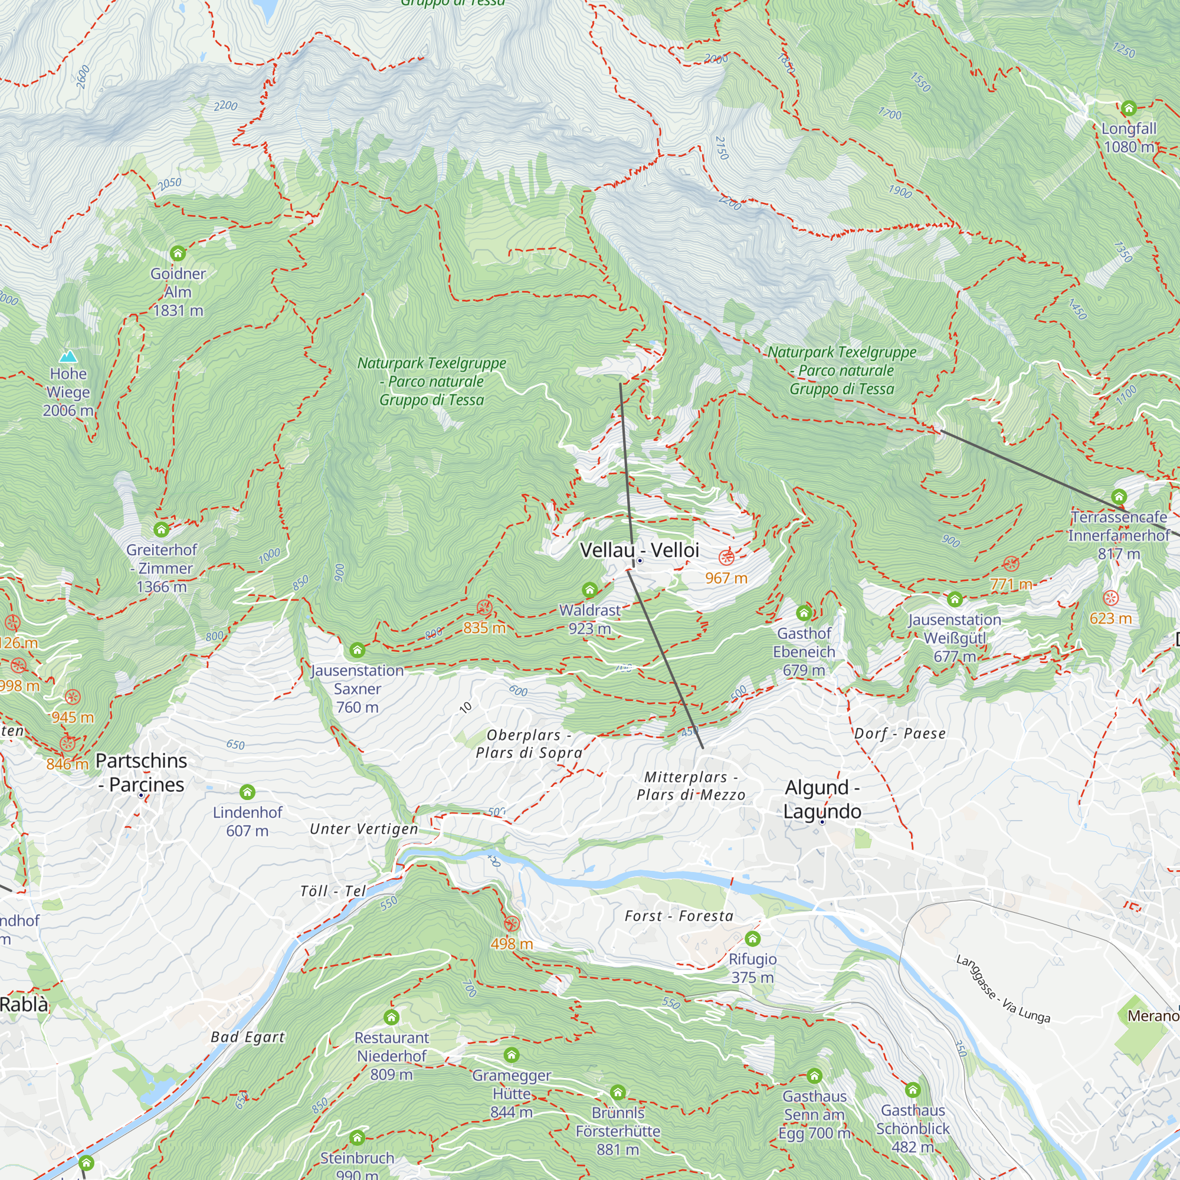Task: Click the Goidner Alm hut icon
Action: pos(178,253)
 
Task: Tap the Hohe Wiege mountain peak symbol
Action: pos(68,356)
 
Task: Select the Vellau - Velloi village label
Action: pos(639,550)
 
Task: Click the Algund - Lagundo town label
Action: pos(822,799)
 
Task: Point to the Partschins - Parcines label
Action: pos(142,773)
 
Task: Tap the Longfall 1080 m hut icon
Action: pos(1129,109)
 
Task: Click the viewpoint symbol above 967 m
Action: pos(726,558)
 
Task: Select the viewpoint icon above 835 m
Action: pos(484,608)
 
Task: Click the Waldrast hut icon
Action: pos(589,590)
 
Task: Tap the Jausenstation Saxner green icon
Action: pos(358,650)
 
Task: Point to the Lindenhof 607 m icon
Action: pos(247,792)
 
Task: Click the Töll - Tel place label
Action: pos(333,891)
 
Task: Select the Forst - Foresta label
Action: pos(678,916)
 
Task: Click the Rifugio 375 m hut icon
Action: pos(752,939)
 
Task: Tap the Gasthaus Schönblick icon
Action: pos(913,1090)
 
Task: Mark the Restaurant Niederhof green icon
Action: pos(392,1018)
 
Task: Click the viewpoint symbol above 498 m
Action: pos(512,924)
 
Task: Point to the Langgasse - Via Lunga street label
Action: pos(1003,989)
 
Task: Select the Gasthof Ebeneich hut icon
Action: pos(804,613)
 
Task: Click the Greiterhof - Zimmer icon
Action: pos(161,530)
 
